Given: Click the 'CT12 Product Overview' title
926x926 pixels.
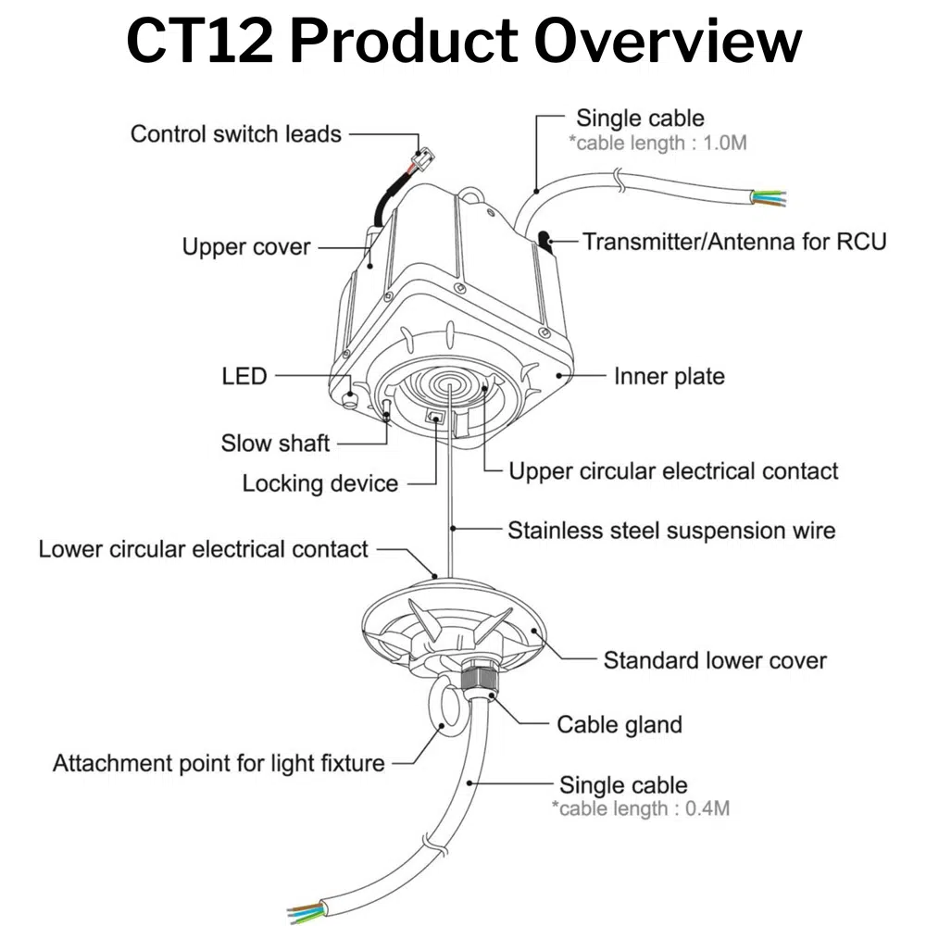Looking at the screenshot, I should click(463, 42).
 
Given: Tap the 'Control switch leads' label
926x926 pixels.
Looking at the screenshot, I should click(235, 133).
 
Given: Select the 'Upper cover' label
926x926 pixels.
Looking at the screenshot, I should click(245, 247).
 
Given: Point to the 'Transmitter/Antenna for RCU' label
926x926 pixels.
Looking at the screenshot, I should click(733, 242).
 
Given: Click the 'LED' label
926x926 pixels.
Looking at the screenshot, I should click(244, 376).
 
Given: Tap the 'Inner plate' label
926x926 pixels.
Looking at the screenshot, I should click(669, 376).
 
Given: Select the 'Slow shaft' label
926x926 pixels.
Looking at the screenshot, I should click(275, 443).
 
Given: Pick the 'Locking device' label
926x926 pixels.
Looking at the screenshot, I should click(319, 483).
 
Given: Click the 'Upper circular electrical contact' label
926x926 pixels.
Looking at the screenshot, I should click(673, 470).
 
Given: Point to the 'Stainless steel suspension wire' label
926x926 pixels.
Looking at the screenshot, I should click(670, 531).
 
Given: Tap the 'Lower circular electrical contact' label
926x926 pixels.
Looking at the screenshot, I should click(203, 549).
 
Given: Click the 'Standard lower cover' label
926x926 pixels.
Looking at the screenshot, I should click(714, 660).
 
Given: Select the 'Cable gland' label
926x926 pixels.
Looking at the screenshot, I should click(619, 723).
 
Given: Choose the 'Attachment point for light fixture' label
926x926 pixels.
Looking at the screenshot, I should click(218, 764).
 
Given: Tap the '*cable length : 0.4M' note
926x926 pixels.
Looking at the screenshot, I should click(641, 808).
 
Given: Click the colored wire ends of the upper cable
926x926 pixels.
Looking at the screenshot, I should click(770, 197).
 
